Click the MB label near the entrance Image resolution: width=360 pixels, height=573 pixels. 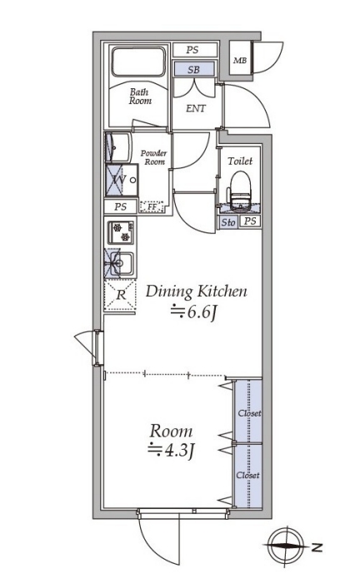240,61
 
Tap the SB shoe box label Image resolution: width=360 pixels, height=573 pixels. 193,69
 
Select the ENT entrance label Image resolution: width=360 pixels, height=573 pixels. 196,108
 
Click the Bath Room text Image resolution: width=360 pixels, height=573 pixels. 140,97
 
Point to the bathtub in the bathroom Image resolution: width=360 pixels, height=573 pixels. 138,62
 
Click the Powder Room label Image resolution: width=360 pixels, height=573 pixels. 154,157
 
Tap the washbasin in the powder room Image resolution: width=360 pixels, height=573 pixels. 118,147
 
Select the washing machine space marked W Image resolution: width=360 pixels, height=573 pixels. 122,180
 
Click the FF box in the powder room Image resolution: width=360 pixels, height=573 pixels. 152,207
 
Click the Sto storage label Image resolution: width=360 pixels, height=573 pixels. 228,222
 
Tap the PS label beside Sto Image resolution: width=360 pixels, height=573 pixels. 250,222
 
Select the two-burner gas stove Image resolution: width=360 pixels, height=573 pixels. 121,233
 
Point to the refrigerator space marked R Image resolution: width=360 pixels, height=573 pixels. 120,296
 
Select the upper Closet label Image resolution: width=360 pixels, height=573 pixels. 250,413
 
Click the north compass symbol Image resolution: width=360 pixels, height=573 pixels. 286,546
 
